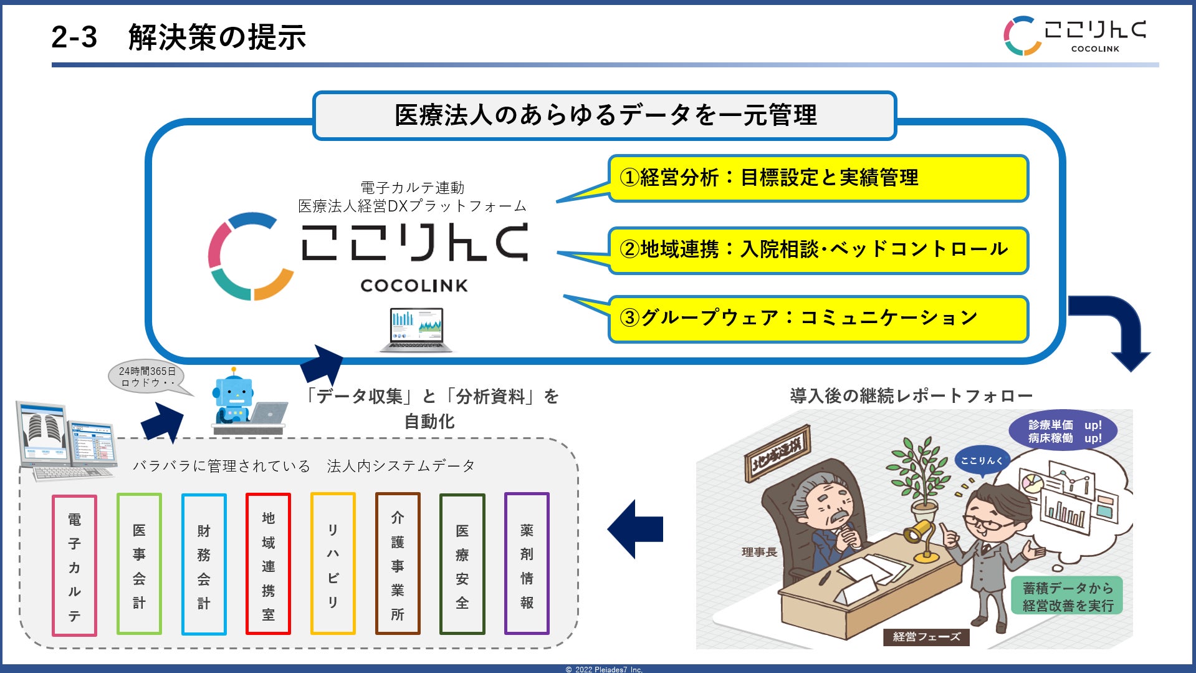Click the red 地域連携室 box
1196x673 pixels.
click(268, 564)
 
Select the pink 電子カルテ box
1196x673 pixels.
click(74, 566)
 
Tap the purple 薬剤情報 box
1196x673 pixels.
click(527, 564)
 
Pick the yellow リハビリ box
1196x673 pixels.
click(333, 564)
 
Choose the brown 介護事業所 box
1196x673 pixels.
click(398, 564)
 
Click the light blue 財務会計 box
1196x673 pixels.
click(204, 564)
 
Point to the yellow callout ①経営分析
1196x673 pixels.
click(818, 178)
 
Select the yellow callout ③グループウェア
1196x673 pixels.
click(818, 319)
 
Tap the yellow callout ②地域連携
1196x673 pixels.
click(818, 250)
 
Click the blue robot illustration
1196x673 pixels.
click(234, 397)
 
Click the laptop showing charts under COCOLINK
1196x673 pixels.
click(416, 329)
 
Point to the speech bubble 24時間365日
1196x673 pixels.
click(148, 377)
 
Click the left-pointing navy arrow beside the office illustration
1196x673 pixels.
click(635, 529)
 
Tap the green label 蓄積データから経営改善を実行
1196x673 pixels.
click(1068, 596)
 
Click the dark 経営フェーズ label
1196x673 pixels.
click(926, 637)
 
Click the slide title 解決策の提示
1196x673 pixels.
click(216, 37)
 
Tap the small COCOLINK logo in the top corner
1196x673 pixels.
click(1074, 36)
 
